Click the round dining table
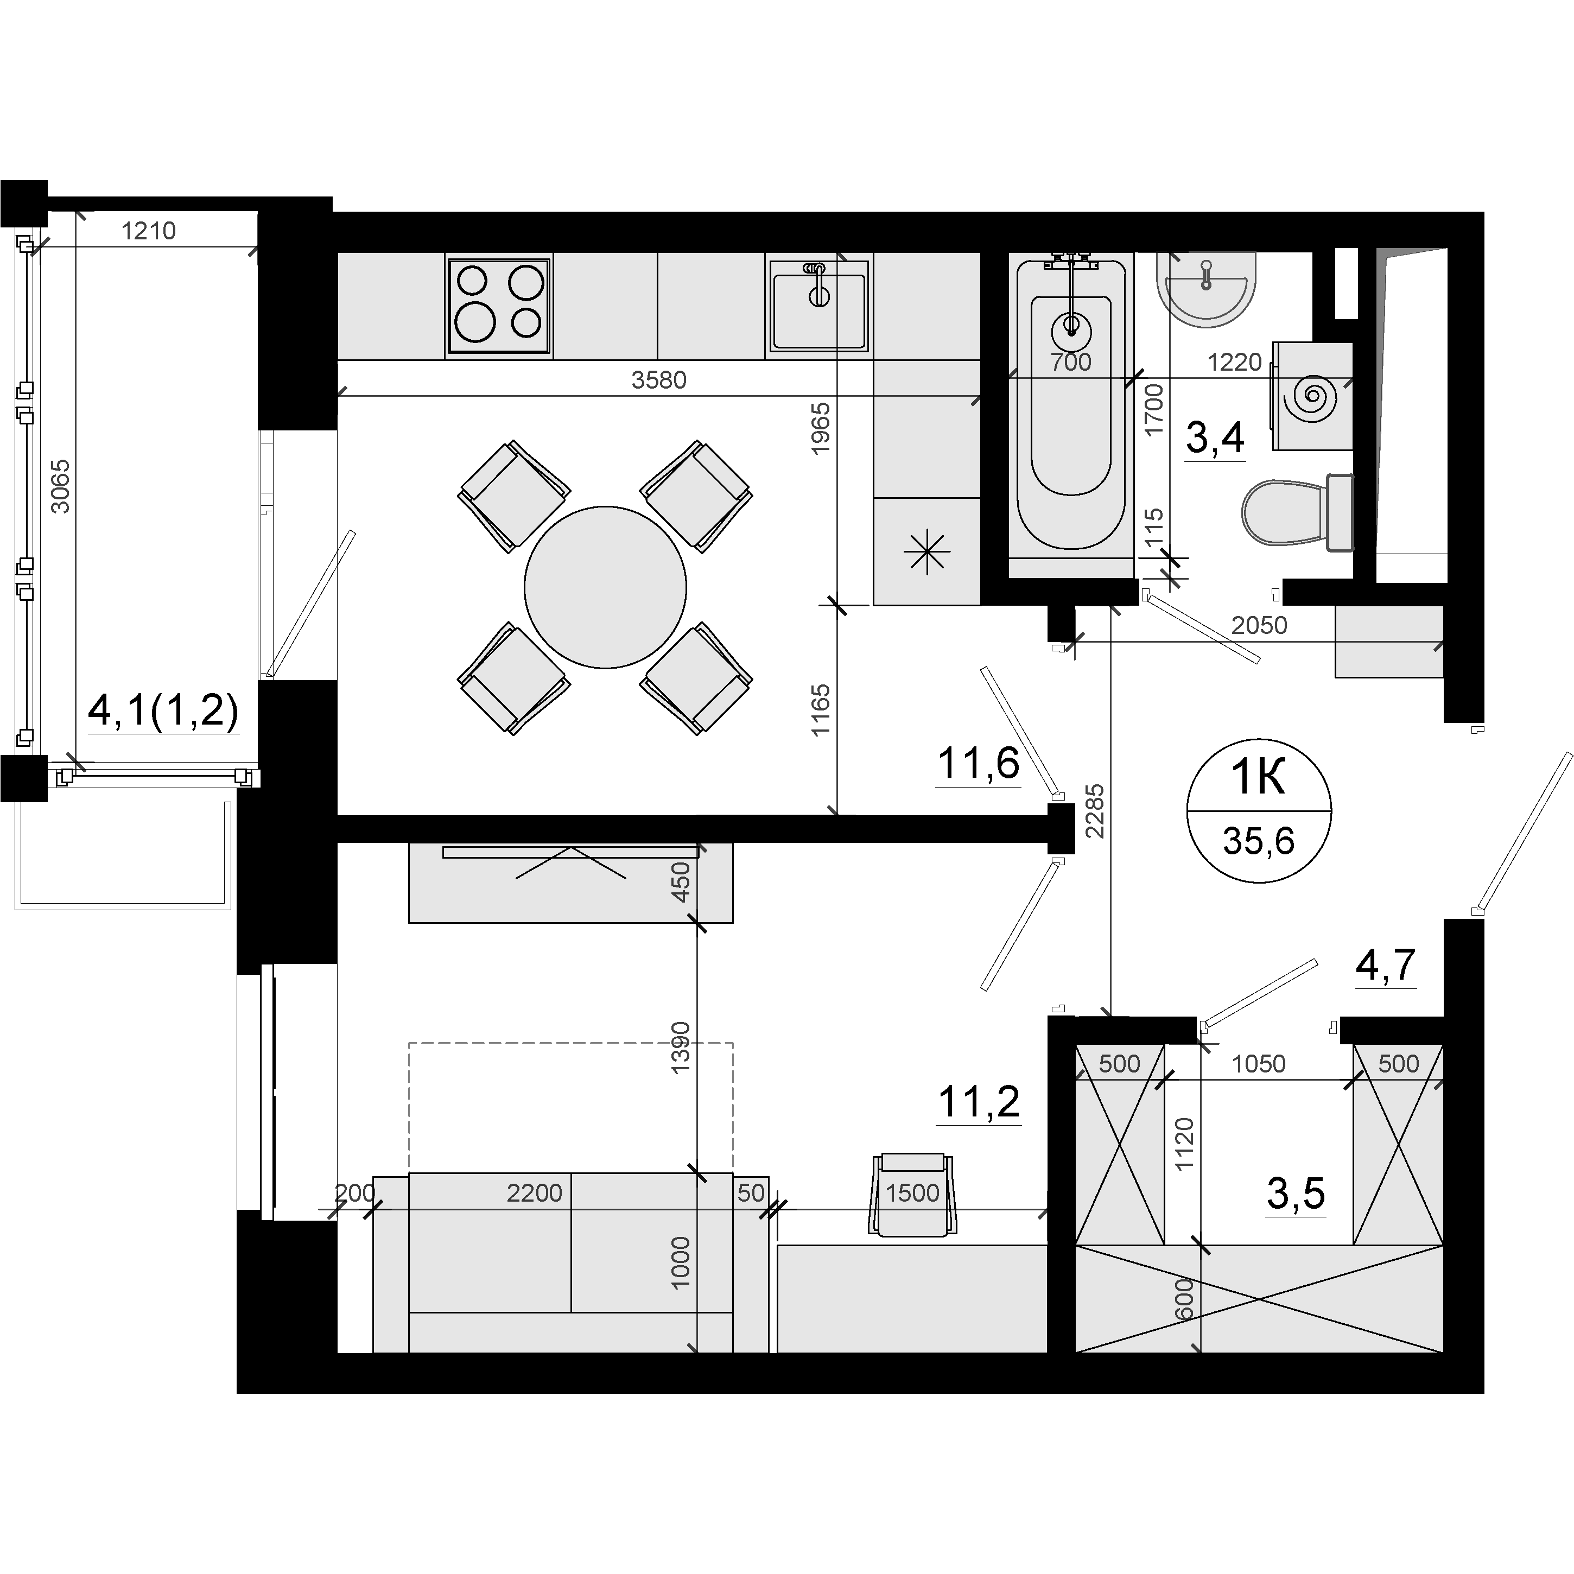(x=605, y=587)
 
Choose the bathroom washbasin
(x=1206, y=289)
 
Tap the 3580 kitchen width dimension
(x=659, y=379)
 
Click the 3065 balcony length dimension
(x=60, y=486)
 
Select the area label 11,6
(x=979, y=764)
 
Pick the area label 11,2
(x=979, y=1103)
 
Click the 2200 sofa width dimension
(x=535, y=1193)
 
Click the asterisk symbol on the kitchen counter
(x=926, y=553)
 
